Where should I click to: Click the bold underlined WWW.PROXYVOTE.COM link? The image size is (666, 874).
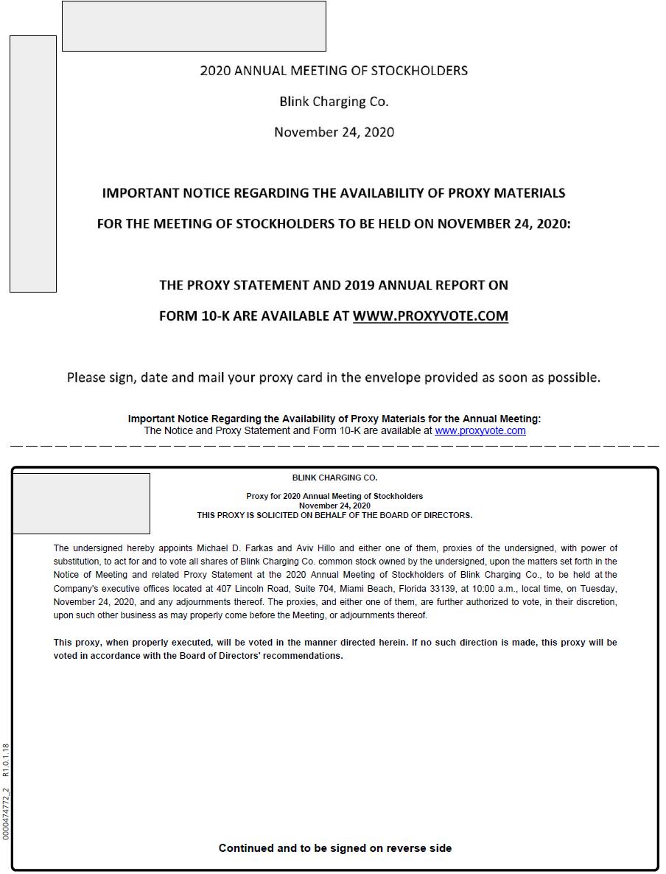click(x=430, y=316)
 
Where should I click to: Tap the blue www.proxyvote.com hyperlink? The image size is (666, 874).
click(x=480, y=431)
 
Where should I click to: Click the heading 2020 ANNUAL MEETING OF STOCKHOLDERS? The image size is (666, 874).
click(x=334, y=71)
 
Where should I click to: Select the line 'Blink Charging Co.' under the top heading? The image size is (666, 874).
click(x=334, y=102)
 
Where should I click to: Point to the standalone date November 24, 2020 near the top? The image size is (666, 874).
click(x=334, y=133)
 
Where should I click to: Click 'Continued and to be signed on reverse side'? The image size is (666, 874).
click(x=335, y=848)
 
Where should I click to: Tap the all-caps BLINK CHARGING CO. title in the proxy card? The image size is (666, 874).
click(x=334, y=478)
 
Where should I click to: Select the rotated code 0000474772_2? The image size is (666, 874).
click(x=6, y=814)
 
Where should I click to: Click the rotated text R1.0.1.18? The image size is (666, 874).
click(x=6, y=761)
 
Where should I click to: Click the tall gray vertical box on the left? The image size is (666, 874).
click(x=33, y=164)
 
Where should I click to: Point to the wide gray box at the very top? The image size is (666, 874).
click(x=194, y=26)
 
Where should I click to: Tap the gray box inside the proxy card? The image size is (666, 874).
click(x=82, y=503)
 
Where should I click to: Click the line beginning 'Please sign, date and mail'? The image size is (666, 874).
click(x=334, y=377)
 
